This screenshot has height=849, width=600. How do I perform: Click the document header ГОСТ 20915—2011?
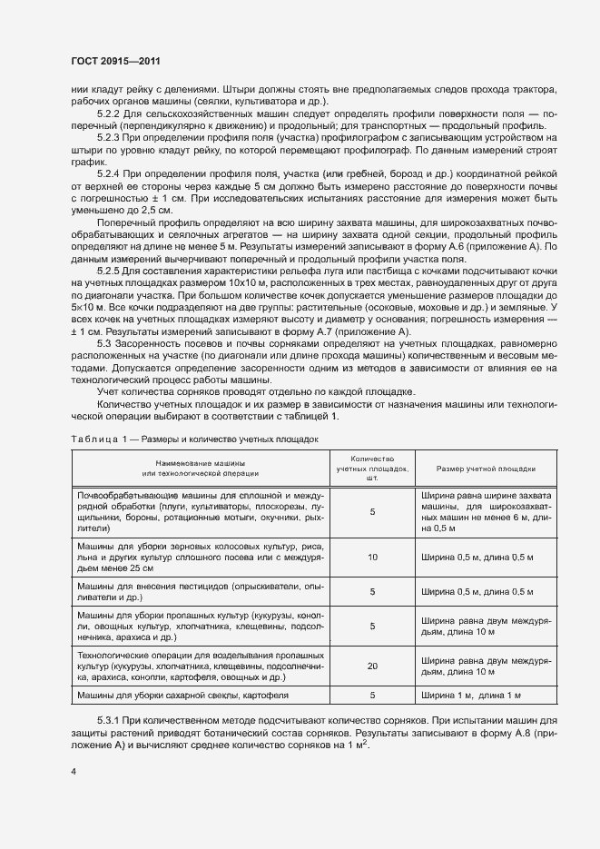[x=122, y=62]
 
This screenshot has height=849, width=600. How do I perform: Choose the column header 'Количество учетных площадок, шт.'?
[x=372, y=468]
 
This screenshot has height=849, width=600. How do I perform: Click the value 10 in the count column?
[x=372, y=557]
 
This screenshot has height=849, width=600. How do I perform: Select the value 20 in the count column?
[x=372, y=666]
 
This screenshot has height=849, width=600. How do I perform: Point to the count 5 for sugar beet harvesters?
[x=372, y=696]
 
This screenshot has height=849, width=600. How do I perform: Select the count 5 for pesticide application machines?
[x=372, y=593]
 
